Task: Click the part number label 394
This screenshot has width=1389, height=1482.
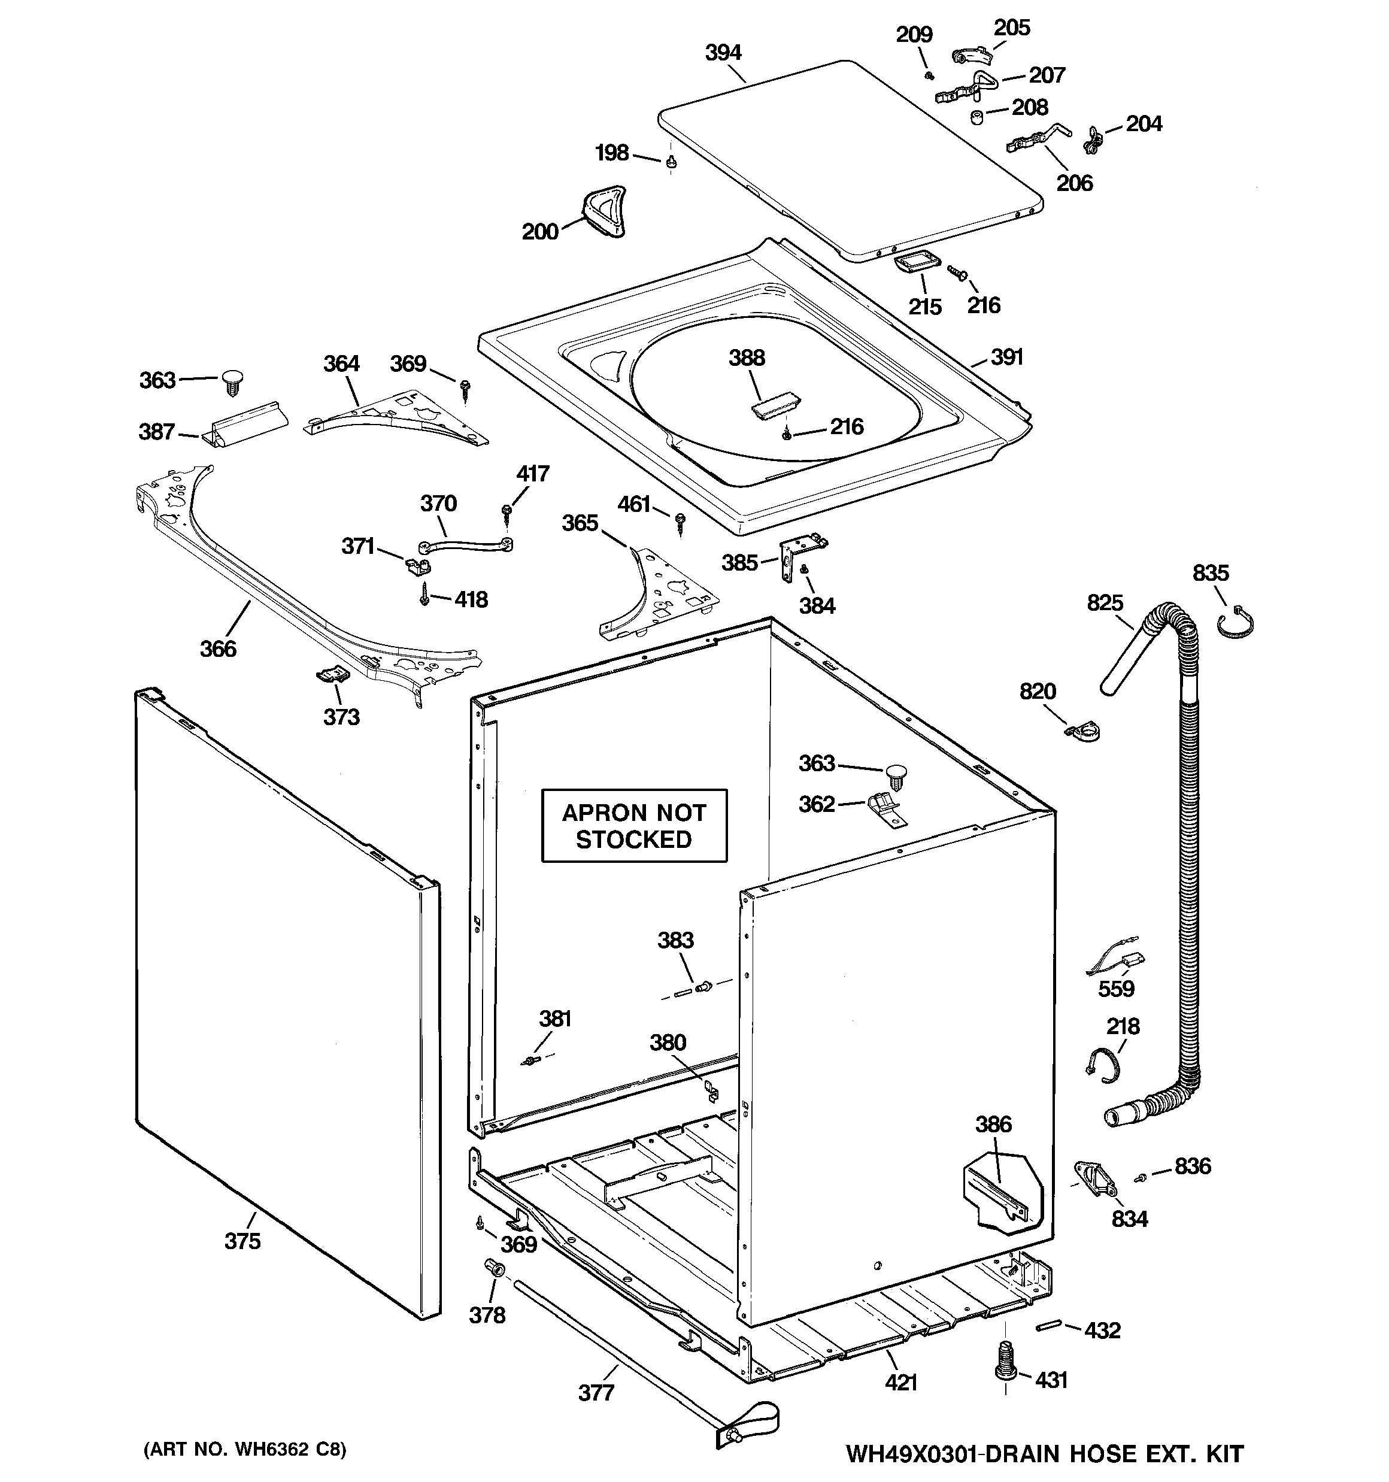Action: [x=723, y=53]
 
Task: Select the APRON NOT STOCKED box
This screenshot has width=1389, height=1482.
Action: [x=634, y=826]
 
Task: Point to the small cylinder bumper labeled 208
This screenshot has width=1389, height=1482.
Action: [x=976, y=117]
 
